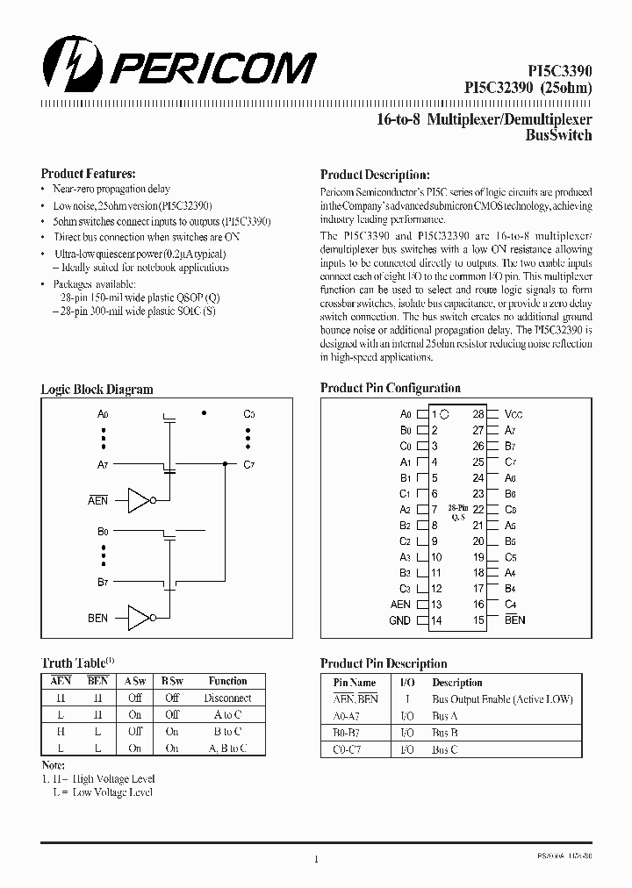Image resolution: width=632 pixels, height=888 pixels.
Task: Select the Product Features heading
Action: [x=88, y=174]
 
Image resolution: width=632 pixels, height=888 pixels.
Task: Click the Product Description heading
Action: [x=374, y=175]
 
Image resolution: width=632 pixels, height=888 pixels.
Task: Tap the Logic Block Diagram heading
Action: [x=97, y=390]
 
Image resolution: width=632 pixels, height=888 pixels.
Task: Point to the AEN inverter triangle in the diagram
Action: [x=139, y=500]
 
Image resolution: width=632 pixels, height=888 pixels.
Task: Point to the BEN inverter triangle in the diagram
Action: [x=139, y=618]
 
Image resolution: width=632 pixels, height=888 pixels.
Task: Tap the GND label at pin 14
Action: [x=399, y=620]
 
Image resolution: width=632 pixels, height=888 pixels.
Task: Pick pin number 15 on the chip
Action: [x=478, y=620]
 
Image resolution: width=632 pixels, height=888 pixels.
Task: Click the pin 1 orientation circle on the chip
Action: [x=445, y=413]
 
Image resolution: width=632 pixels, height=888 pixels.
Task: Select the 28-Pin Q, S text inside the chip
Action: [x=456, y=513]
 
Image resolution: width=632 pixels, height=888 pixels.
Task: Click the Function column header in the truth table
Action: [x=227, y=681]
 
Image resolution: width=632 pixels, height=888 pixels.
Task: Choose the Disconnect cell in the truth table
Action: [x=227, y=698]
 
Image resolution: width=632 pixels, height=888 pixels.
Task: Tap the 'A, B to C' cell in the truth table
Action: [x=227, y=748]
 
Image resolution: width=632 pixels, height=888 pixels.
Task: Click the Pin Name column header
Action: [x=355, y=683]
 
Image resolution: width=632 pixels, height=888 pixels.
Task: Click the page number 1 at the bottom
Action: [x=315, y=859]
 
